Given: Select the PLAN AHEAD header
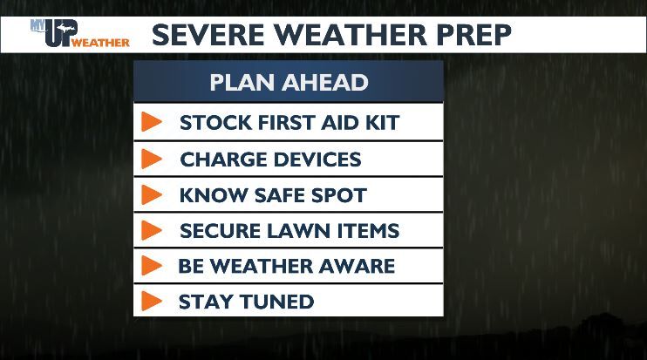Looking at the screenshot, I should pos(289,83).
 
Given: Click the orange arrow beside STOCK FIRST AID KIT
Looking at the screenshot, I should pos(152,122).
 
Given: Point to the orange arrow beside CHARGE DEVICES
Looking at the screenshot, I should pos(152,160).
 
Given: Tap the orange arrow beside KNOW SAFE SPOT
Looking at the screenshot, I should pos(152,195).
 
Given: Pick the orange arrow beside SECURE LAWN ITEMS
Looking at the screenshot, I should pos(152,231).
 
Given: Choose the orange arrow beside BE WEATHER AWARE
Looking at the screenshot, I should pos(152,266).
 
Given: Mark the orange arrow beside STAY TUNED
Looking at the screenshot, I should pos(152,302).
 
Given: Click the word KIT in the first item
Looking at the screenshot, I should pos(380,122).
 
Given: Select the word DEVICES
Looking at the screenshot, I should pos(317,160).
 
